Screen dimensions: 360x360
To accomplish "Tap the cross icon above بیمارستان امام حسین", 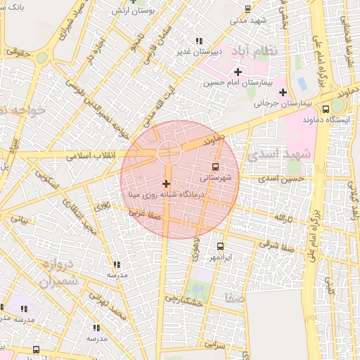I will [238, 72].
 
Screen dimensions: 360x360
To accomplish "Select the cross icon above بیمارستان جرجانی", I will [283, 92].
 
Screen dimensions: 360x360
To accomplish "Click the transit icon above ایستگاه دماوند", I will [326, 109].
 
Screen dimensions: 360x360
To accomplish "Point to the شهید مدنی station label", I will [247, 20].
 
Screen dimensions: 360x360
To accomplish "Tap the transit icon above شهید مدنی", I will [247, 9].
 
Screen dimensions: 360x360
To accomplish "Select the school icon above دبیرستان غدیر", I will [199, 40].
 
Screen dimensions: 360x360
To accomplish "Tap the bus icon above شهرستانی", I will [215, 167].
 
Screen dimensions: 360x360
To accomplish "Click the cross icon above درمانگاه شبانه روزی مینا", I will [166, 184].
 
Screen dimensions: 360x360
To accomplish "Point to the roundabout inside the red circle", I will [168, 149].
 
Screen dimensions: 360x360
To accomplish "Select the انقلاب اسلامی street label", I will [91, 155].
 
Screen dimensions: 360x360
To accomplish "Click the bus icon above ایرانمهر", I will [221, 246].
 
